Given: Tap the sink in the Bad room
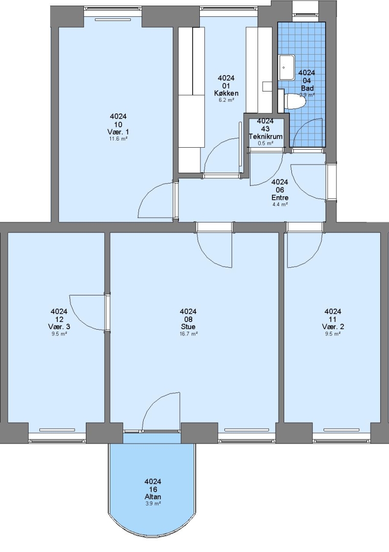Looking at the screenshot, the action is (x=287, y=67).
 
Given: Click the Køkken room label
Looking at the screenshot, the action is (x=226, y=94).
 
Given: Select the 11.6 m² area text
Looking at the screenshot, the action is (x=118, y=139).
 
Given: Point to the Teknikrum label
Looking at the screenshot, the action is (x=265, y=136).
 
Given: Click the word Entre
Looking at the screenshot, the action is (x=280, y=197).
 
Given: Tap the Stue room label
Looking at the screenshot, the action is (x=188, y=327).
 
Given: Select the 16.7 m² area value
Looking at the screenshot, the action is (x=188, y=334).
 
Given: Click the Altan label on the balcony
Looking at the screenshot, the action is (x=153, y=497).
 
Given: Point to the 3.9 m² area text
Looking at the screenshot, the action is (x=153, y=504).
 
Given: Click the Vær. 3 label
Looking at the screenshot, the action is (x=59, y=327).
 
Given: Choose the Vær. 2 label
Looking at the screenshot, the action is (x=333, y=327).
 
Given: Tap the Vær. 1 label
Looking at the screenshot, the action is (x=118, y=132).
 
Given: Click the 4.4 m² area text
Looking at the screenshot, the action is (x=280, y=204).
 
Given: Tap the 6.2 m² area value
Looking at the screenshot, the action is (x=226, y=100).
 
